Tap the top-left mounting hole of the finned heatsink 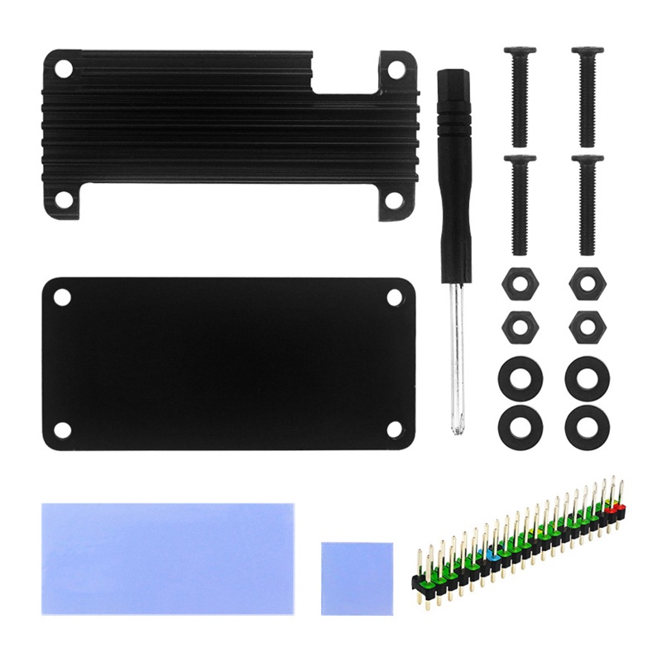[x=63, y=67]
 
